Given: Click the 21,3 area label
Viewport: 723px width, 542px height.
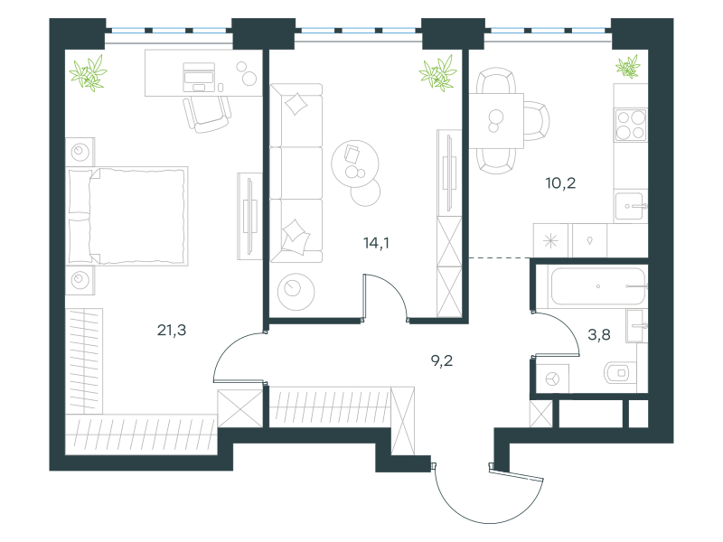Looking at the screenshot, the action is (x=172, y=330).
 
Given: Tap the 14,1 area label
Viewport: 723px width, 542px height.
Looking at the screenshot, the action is (x=376, y=242).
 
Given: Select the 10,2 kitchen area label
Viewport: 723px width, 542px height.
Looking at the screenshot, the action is (x=560, y=183).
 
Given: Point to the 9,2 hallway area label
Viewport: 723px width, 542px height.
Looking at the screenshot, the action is (x=442, y=360).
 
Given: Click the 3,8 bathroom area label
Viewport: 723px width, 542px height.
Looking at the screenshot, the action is (x=599, y=334).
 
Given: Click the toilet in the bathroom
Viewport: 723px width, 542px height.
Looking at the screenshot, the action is (x=620, y=372).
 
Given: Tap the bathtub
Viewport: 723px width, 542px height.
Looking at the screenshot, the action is (x=598, y=286).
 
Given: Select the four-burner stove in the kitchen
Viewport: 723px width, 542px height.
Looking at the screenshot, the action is (x=631, y=125).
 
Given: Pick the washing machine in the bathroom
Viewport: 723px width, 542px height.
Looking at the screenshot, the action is (x=552, y=378).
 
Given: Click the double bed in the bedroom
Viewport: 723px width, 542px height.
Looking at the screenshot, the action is (x=127, y=216).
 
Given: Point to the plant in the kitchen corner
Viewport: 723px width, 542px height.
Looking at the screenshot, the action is (x=628, y=67).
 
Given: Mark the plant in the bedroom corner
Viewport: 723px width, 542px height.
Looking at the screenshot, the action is (x=88, y=73).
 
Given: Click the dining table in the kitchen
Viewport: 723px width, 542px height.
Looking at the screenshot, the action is (x=496, y=121).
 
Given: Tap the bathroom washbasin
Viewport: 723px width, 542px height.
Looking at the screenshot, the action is (x=636, y=326).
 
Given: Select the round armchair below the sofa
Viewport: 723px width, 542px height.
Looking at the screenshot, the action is (x=296, y=291).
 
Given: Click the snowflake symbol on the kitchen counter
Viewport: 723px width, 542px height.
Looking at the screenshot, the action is (x=550, y=241).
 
